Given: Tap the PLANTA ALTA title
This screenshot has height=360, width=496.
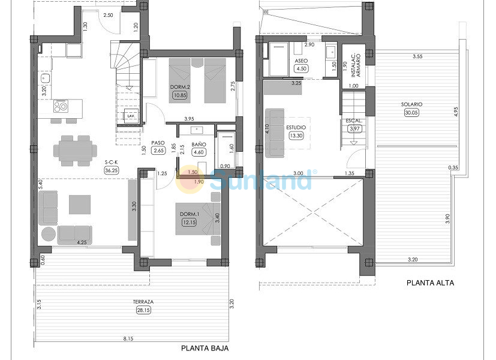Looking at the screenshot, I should [430, 283].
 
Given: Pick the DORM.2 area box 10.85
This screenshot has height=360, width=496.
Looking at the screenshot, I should [179, 95].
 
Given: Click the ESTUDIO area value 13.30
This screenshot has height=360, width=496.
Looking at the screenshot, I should [296, 136].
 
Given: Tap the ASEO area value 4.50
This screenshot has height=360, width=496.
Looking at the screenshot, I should [301, 68].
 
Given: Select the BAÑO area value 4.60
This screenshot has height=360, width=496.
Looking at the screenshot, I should [199, 152].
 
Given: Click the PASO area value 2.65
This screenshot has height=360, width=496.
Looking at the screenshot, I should [158, 150].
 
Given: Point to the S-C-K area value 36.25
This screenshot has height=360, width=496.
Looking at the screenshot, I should [111, 170].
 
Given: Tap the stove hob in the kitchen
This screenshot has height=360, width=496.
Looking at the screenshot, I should [61, 106].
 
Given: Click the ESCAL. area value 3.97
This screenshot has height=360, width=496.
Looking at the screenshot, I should [354, 128].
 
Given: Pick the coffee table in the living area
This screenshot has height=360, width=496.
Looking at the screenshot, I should [80, 205].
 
